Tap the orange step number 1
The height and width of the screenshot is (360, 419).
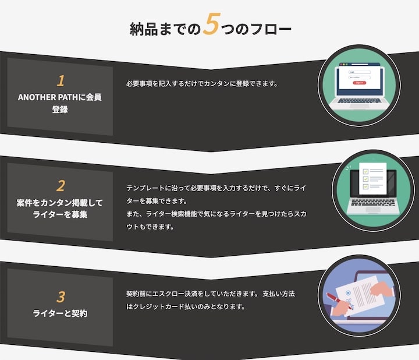(60, 80)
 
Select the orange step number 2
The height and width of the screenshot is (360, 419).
(60, 186)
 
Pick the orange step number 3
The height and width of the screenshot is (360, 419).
(60, 294)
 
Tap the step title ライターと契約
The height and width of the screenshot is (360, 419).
(60, 314)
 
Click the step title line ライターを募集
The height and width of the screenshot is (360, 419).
(60, 215)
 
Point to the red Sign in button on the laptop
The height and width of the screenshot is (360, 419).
(358, 83)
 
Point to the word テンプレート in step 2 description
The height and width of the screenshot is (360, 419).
(145, 188)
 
